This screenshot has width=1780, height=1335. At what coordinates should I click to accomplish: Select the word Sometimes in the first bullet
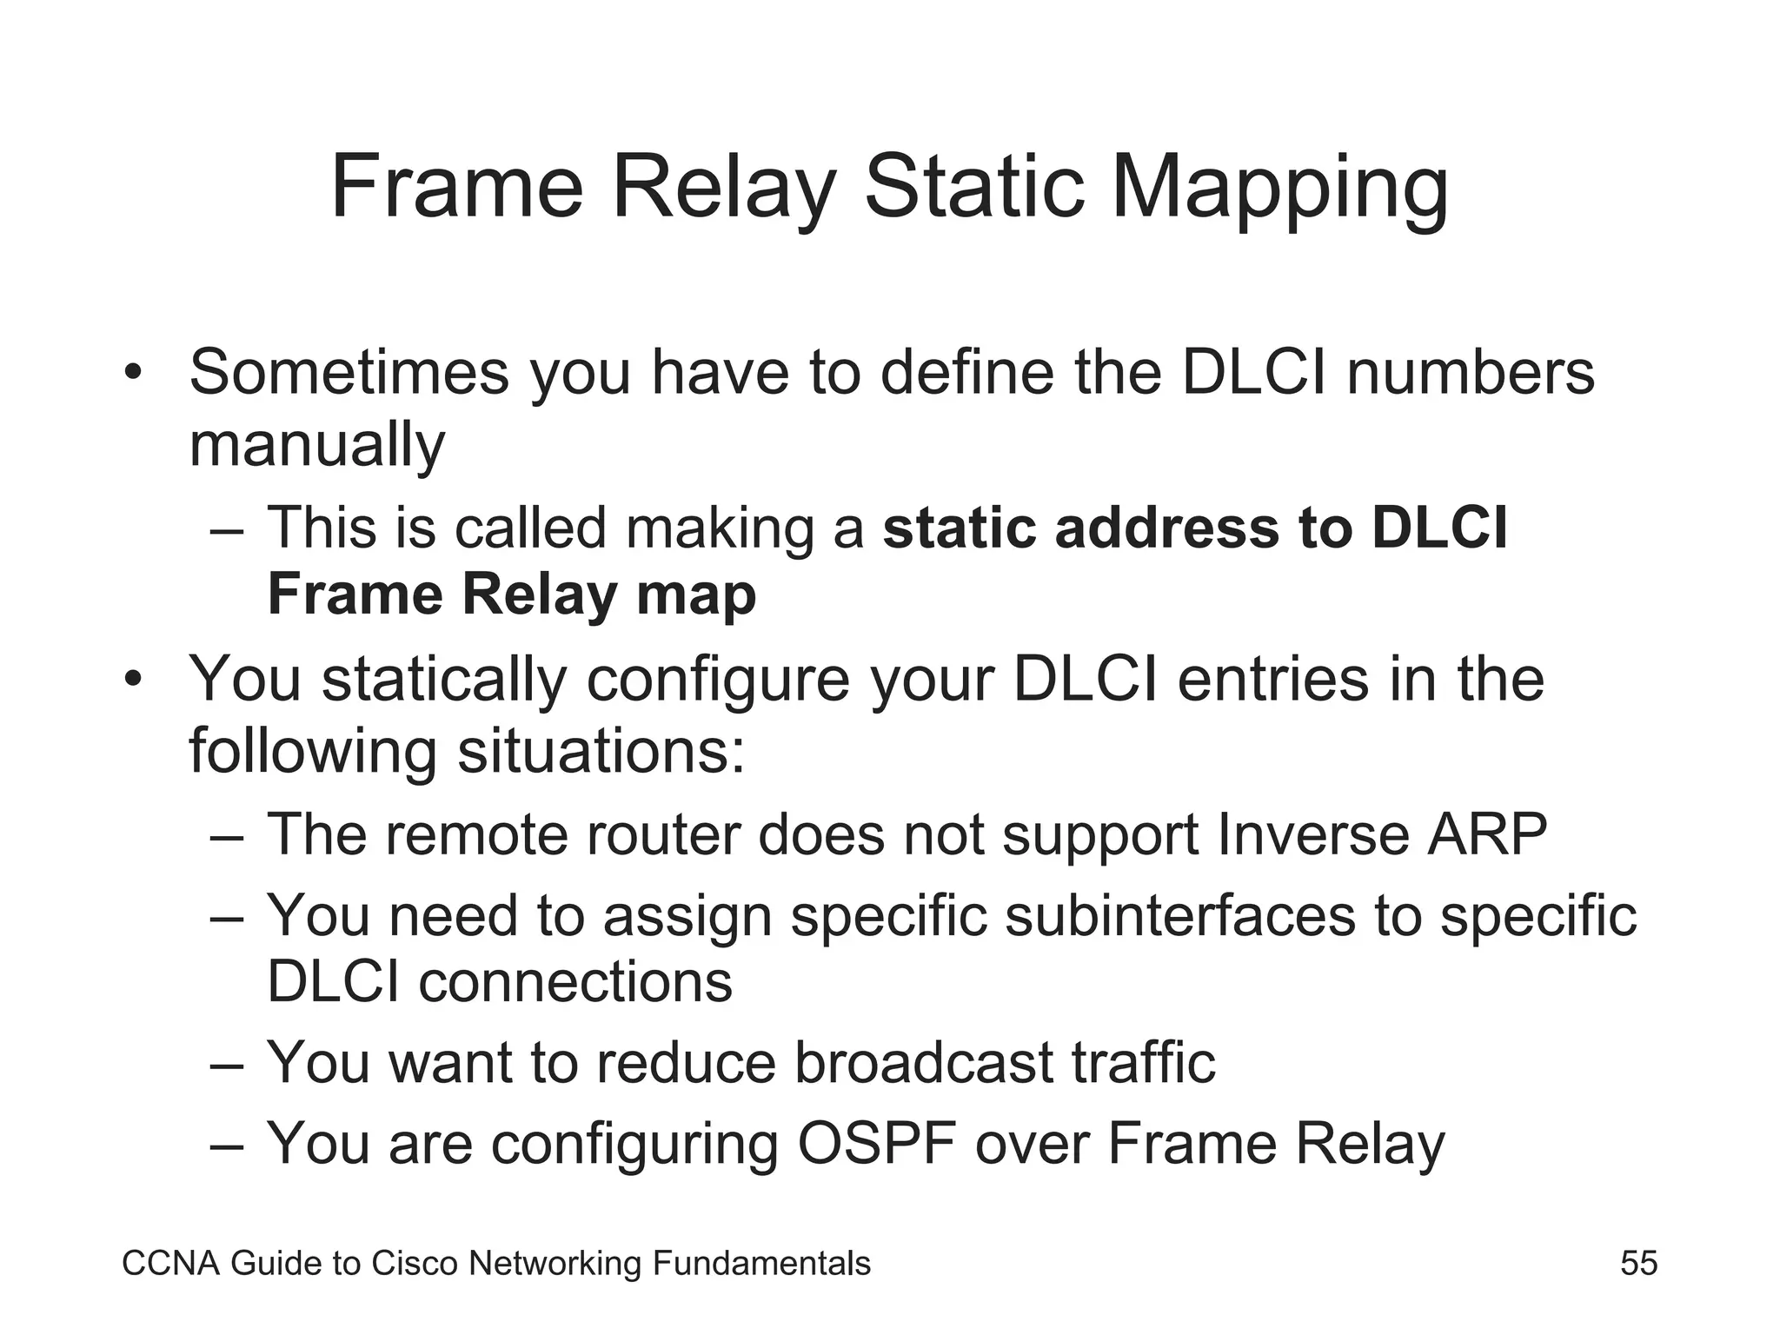coord(349,372)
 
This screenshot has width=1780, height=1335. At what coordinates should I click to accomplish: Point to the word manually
coord(316,446)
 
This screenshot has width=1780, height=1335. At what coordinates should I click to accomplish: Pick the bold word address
coord(1167,528)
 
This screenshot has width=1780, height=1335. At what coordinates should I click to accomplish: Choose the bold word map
coord(695,596)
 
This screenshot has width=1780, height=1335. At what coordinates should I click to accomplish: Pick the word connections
coord(575,982)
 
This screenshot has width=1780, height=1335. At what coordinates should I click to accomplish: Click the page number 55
coord(1638,1263)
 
